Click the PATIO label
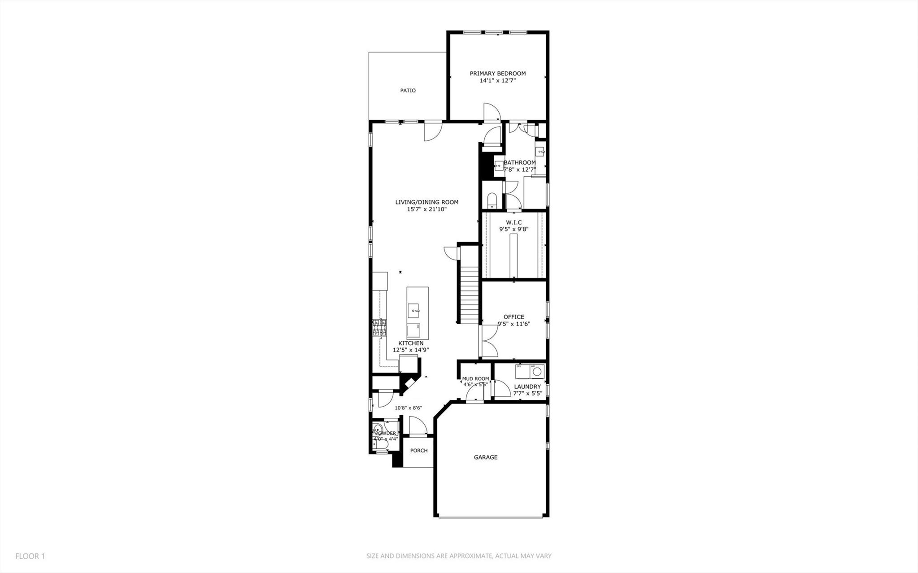(x=408, y=91)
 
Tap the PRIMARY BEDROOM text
(x=497, y=74)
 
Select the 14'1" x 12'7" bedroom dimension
(x=497, y=81)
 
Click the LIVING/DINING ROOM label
(x=426, y=202)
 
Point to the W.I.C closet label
(x=513, y=222)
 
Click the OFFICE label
(x=513, y=317)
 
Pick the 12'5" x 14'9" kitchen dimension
(x=411, y=350)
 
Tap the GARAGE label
(x=486, y=457)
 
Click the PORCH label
(x=419, y=451)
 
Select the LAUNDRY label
(x=527, y=386)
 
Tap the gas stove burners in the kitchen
(x=379, y=328)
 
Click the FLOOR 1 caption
(x=30, y=556)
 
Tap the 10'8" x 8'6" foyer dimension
(x=408, y=408)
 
